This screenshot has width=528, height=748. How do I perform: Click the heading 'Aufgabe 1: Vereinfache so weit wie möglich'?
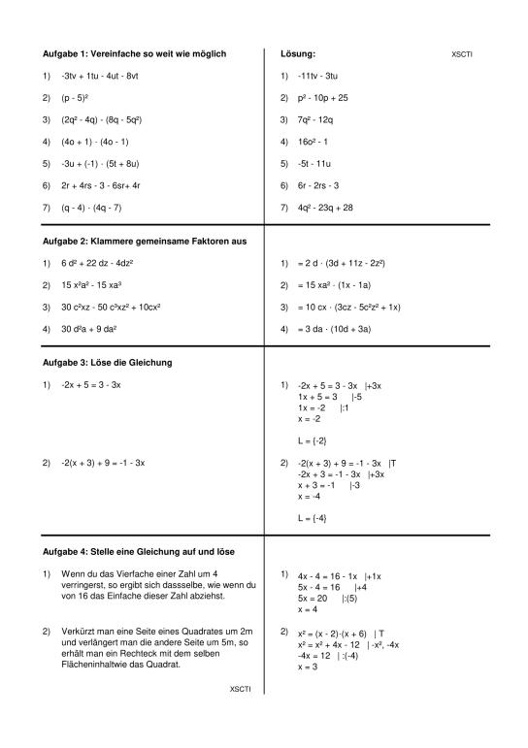(x=135, y=53)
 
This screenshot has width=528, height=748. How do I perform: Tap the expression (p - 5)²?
(x=76, y=98)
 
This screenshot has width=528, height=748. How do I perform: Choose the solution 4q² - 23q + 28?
(x=326, y=208)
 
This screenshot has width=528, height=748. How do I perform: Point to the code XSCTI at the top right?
(x=462, y=54)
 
